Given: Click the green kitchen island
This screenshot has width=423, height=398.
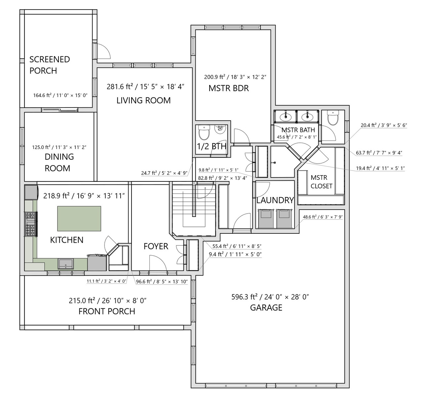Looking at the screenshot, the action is coord(79,218).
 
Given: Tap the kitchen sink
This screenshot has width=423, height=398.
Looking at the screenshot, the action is coord(66,264).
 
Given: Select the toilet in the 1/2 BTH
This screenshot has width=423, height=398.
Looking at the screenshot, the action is coord(204,132).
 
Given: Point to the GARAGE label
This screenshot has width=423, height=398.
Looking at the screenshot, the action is coord(266,308).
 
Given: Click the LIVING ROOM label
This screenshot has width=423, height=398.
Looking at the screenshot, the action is coord(143,100).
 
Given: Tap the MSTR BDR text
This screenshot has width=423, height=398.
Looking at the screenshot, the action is coord(229,88).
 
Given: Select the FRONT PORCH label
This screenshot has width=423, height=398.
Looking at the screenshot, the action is coord(107,311).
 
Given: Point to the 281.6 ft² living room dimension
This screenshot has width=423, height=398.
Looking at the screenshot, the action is coord(118,87).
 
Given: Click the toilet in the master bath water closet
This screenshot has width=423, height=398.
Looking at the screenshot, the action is coord(333,118).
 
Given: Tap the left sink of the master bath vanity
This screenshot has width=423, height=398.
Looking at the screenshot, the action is coord(286,117).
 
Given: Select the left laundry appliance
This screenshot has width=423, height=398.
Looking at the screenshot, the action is coord(266,218).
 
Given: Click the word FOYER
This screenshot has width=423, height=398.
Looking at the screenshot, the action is coord(156,246).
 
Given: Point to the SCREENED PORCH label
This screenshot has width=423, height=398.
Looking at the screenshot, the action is coord(50,65).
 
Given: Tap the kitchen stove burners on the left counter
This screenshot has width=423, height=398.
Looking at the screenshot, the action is coord(30,224).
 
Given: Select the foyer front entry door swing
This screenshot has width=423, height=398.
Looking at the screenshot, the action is coord(158,263).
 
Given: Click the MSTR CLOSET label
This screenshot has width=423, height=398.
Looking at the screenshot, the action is coord(322,182).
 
